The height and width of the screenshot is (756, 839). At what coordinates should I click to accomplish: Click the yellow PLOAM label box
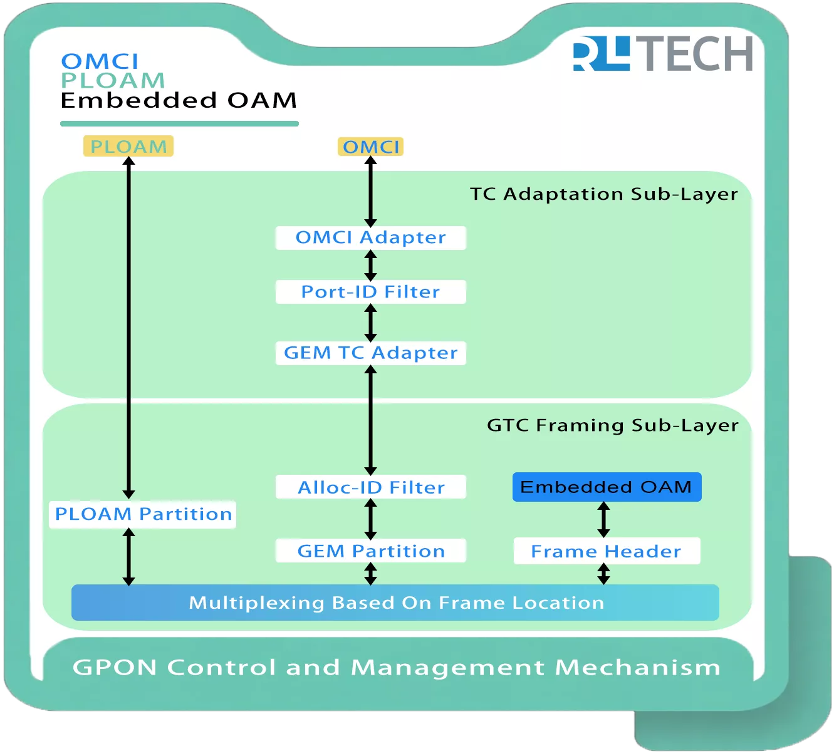[x=128, y=147]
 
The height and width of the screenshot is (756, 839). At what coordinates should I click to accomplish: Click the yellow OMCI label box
[x=370, y=147]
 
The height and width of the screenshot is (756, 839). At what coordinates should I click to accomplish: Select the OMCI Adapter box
[x=370, y=238]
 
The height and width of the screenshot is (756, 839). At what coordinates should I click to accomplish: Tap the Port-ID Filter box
[x=370, y=292]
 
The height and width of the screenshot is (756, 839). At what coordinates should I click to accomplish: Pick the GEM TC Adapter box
[x=370, y=353]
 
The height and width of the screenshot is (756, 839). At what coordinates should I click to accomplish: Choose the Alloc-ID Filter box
[x=370, y=487]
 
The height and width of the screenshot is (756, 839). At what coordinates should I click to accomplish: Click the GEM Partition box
[x=370, y=551]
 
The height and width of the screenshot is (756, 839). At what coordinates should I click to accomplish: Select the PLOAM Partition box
[x=143, y=514]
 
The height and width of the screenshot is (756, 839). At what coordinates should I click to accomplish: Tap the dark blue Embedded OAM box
[x=607, y=487]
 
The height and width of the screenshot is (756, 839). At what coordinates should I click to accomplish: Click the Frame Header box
[x=607, y=551]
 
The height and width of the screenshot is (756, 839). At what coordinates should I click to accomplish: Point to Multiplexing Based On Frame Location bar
[x=395, y=603]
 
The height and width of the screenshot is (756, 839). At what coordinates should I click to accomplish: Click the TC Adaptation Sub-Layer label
[x=604, y=194]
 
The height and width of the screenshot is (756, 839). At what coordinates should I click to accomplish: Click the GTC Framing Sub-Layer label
[x=613, y=425]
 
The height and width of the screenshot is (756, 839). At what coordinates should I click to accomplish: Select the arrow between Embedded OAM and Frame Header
[x=603, y=519]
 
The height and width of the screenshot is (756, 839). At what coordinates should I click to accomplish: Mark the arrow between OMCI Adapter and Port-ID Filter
[x=370, y=265]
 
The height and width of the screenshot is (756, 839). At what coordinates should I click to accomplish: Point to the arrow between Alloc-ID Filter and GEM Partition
[x=370, y=519]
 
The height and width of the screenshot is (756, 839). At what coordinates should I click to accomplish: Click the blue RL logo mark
[x=601, y=53]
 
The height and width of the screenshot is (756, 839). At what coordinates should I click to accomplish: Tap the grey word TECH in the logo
[x=697, y=54]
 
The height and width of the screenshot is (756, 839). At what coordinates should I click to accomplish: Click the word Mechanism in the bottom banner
[x=638, y=668]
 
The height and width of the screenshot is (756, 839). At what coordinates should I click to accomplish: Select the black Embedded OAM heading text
[x=179, y=100]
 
